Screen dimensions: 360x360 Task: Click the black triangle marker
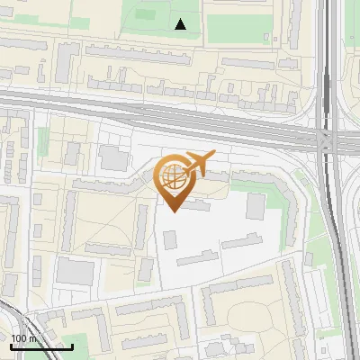tap(181, 24)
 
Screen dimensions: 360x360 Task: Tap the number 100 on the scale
tap(17, 339)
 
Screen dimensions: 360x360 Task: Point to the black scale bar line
tap(41, 346)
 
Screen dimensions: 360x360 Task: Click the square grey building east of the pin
tap(256, 205)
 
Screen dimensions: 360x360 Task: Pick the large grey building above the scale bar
tap(69, 271)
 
